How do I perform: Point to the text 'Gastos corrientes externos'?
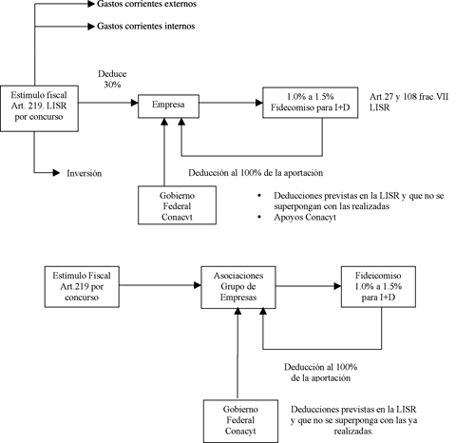click(x=146, y=4)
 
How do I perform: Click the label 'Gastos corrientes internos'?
click(x=145, y=26)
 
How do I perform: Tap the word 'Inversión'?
click(x=85, y=173)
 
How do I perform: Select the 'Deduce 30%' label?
click(x=112, y=79)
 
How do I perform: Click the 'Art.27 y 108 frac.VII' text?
click(x=409, y=97)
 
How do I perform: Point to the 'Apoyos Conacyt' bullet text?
click(x=305, y=218)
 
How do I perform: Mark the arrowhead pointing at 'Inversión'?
click(x=56, y=173)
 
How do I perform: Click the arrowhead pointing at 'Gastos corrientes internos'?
click(x=91, y=27)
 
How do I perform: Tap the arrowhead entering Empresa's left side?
click(x=135, y=103)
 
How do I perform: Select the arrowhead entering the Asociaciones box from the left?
click(x=198, y=285)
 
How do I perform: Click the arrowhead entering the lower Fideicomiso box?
click(x=337, y=286)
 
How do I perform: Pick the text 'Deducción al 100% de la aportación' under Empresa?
click(x=256, y=173)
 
